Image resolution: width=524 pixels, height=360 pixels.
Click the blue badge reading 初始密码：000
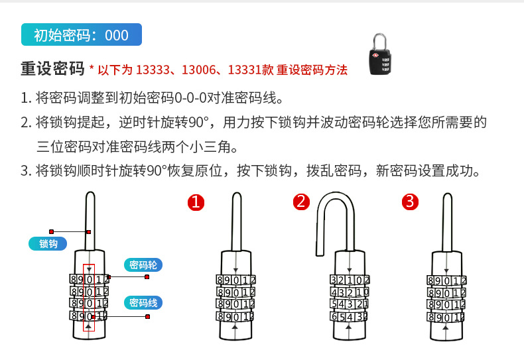tap(82, 35)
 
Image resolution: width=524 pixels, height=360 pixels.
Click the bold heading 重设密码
tap(52, 69)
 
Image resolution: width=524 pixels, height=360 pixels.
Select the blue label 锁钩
tap(48, 243)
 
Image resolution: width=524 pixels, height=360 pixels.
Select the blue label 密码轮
tap(143, 265)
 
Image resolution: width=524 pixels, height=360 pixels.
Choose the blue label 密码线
tap(143, 303)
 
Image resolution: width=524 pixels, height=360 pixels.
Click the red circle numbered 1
tap(195, 202)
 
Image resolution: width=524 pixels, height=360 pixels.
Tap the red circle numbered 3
tap(411, 202)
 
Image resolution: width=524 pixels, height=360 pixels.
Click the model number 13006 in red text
tap(198, 70)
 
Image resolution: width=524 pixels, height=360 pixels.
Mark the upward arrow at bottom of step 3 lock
tap(446, 328)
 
